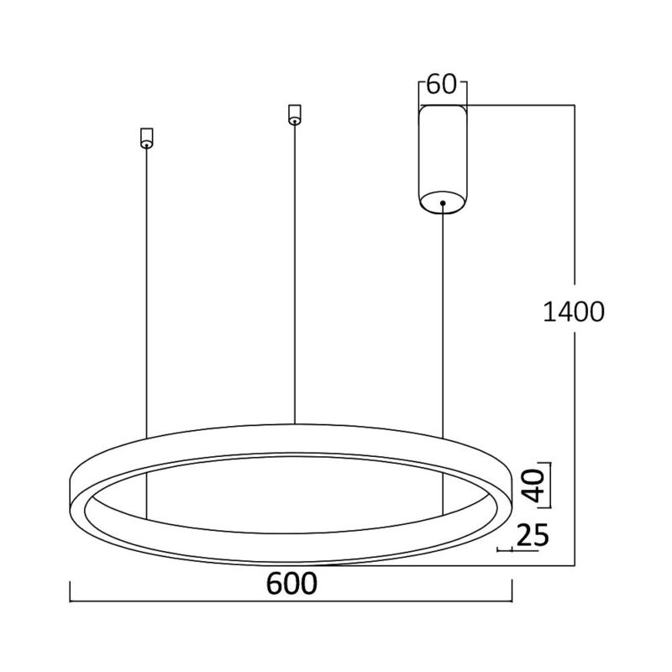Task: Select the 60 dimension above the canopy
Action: pyautogui.click(x=442, y=85)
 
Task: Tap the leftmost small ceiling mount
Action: pyautogui.click(x=146, y=137)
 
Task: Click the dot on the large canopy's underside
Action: pyautogui.click(x=442, y=202)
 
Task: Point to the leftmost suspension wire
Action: pyautogui.click(x=146, y=294)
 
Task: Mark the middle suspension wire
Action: pyautogui.click(x=294, y=269)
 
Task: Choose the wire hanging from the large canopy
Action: pyautogui.click(x=442, y=319)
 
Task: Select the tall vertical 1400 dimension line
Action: pyautogui.click(x=575, y=378)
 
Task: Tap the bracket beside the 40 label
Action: pyautogui.click(x=550, y=485)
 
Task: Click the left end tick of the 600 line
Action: pyautogui.click(x=69, y=592)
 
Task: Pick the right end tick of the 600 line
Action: pyautogui.click(x=512, y=592)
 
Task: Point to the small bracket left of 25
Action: pyautogui.click(x=507, y=551)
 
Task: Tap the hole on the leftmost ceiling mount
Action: pyautogui.click(x=146, y=144)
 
